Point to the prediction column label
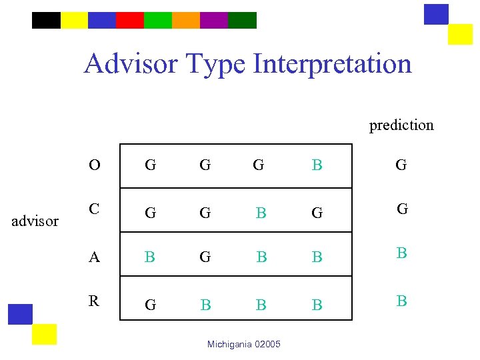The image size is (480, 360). [401, 125]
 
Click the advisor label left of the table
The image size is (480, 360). [35, 221]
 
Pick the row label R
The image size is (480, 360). [95, 301]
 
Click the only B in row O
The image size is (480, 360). [317, 165]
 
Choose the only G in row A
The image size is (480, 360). [205, 257]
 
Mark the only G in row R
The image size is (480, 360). [151, 305]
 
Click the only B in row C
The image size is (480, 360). [261, 213]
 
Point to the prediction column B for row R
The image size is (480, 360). [401, 301]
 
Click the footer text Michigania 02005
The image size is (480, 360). [244, 344]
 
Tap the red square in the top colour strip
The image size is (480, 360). [130, 20]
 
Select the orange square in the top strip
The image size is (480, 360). [186, 20]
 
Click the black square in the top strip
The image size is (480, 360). [46, 20]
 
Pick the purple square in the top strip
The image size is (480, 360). [214, 20]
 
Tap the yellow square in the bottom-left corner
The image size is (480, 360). [45, 334]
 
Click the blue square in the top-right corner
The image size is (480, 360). [436, 14]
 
